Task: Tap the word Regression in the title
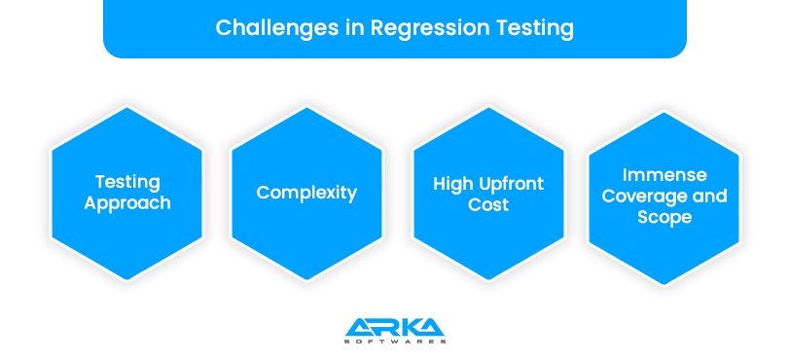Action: pos(413,26)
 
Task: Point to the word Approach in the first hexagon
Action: pos(127,203)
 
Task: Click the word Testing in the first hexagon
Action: pos(127,182)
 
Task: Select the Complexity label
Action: pos(306,193)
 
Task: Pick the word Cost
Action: pos(487,204)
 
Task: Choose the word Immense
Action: pos(664,175)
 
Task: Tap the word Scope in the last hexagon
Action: pos(664,217)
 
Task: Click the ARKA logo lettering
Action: pos(395,327)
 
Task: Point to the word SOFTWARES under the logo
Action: pos(395,342)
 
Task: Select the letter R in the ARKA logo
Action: pos(377,327)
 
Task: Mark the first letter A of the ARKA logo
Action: pos(354,327)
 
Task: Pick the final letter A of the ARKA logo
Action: pos(433,327)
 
